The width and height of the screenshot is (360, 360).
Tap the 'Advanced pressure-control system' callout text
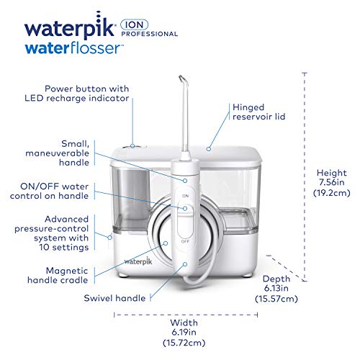tap(65, 233)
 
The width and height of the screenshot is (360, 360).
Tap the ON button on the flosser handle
tap(185, 195)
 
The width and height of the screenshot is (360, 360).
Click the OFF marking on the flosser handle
tap(185, 242)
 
